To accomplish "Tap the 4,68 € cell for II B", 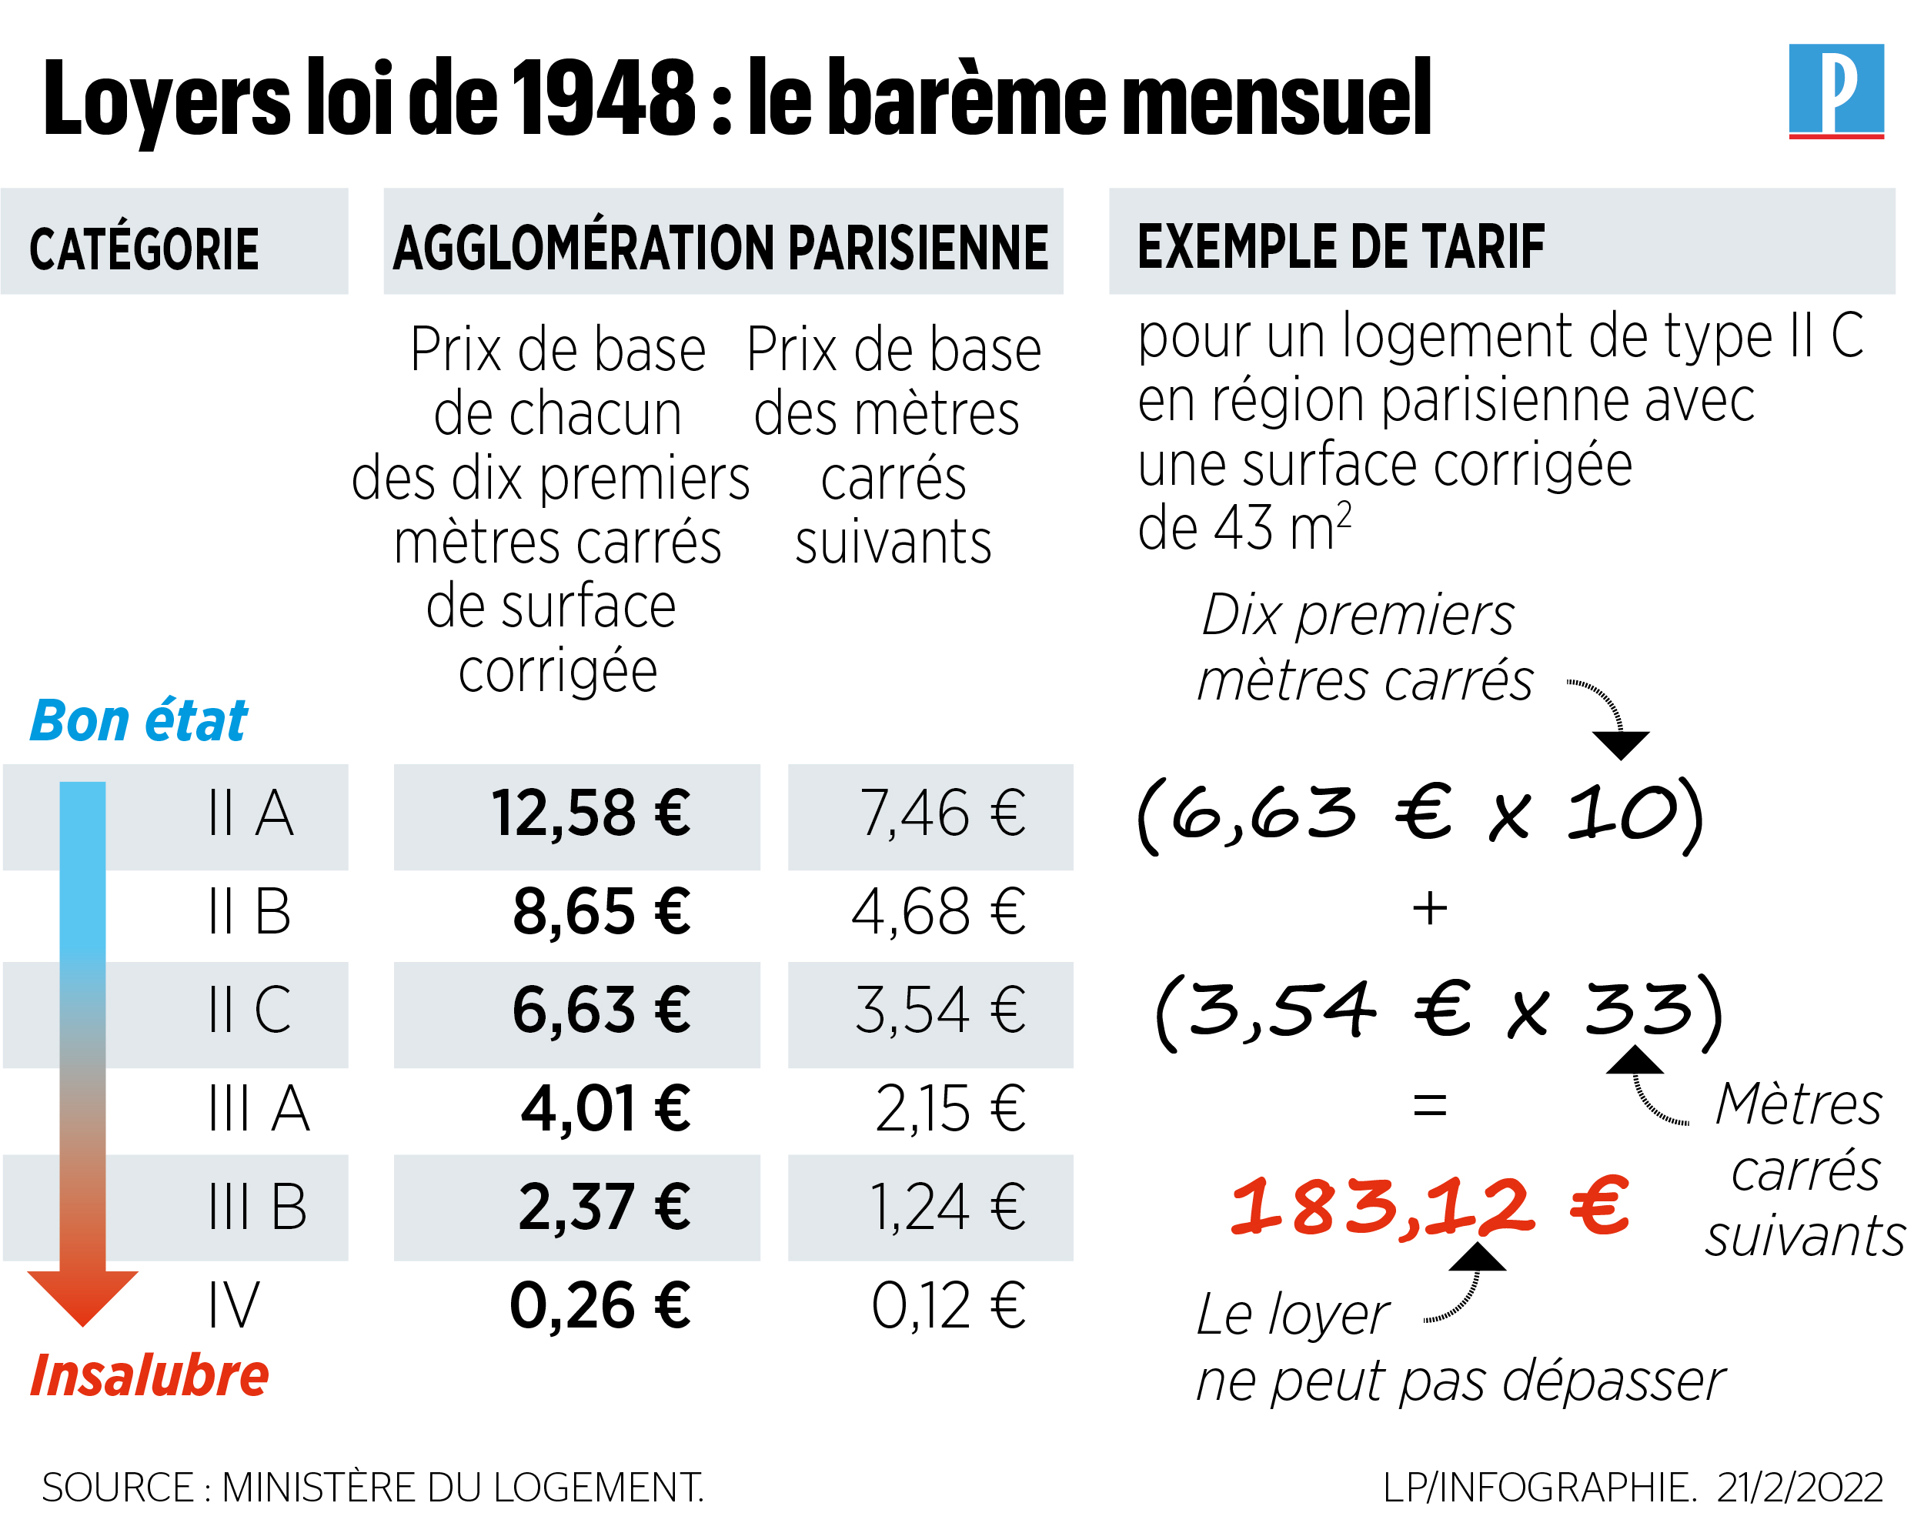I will click(938, 912).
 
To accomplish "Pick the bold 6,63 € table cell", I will click(600, 1010).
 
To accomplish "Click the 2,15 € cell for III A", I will click(950, 1109).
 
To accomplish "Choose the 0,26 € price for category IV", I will click(599, 1305).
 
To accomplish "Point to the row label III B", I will click(258, 1207).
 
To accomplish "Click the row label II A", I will click(251, 813).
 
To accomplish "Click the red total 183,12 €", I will click(1428, 1207).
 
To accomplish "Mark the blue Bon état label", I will click(139, 721).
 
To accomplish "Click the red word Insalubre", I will click(149, 1375).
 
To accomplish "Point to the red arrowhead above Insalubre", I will click(83, 1294).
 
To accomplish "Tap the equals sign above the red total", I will click(1430, 1107).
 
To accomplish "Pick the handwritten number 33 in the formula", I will click(1638, 1009).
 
